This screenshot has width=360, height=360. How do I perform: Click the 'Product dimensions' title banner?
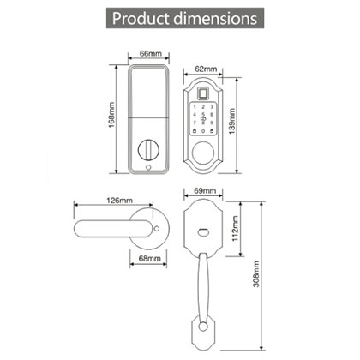[x=180, y=18]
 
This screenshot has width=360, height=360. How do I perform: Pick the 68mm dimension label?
[x=151, y=257]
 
